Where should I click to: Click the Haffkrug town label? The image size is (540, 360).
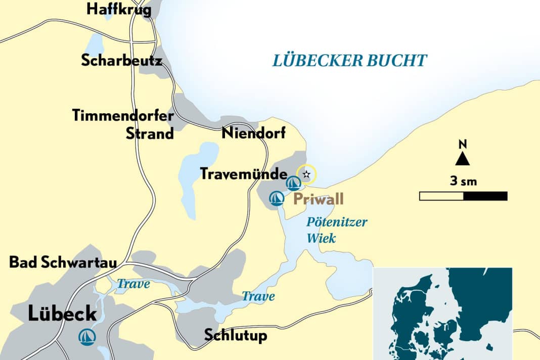(119, 10)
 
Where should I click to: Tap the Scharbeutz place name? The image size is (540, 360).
(121, 60)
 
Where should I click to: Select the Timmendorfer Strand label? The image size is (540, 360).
(123, 124)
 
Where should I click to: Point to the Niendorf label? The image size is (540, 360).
(253, 133)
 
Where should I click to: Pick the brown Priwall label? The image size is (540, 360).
(318, 199)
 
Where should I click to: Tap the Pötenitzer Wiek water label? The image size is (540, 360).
(337, 230)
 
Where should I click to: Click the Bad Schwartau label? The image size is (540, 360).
(63, 263)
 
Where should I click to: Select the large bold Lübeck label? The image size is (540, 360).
(62, 314)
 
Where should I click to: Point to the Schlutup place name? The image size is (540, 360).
(235, 335)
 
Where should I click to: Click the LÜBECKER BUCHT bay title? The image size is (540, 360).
(349, 61)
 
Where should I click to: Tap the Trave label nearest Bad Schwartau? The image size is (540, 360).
(133, 284)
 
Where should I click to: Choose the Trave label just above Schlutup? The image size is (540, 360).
(258, 296)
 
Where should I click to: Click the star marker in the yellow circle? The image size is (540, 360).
(306, 174)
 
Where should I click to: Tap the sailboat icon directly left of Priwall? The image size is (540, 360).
(276, 198)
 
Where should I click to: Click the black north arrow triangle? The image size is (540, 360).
(462, 159)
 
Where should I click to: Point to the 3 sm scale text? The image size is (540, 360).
(463, 181)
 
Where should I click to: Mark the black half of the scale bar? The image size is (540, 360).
(485, 196)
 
